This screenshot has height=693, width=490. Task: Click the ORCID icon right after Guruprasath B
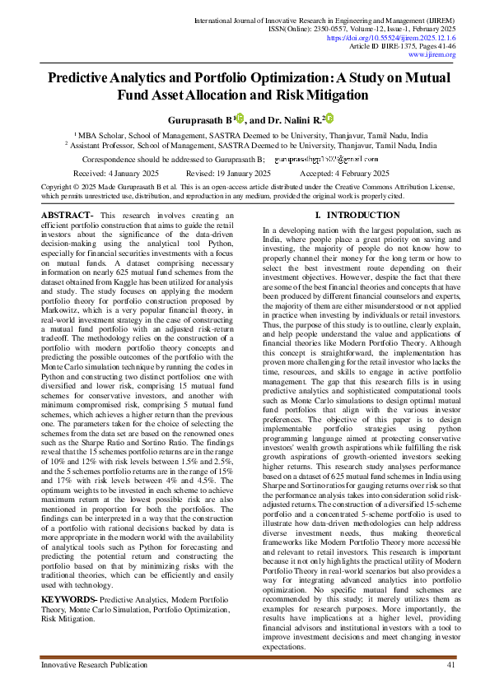pyautogui.click(x=240, y=118)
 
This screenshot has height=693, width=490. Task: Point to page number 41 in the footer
pyautogui.click(x=450, y=664)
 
